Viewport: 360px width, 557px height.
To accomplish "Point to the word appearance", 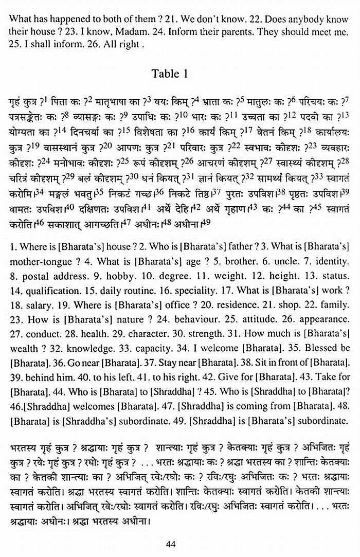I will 326,318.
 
